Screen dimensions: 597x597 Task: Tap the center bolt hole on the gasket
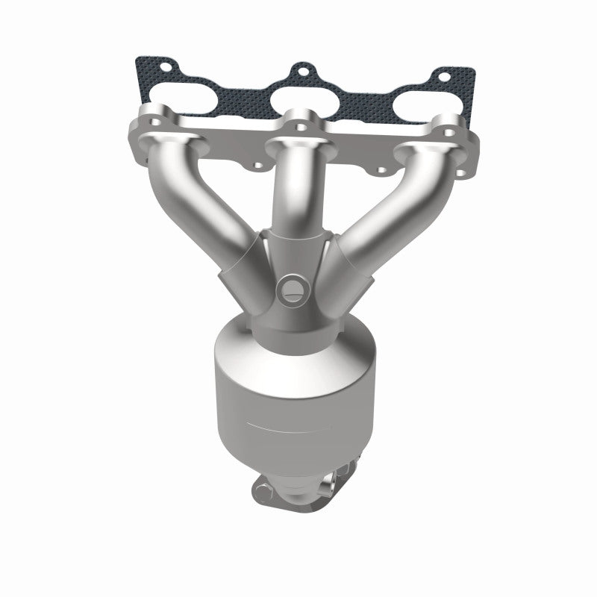[x=301, y=72]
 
